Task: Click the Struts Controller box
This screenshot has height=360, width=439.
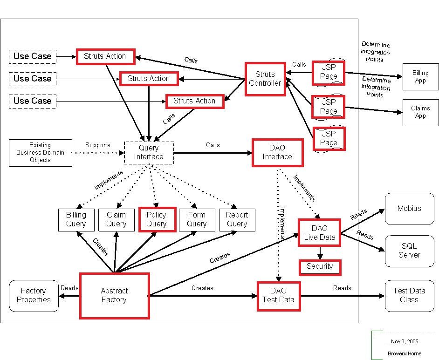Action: pos(265,79)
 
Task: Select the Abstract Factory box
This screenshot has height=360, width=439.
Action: pos(115,296)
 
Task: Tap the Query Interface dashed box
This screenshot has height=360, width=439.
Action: pos(149,153)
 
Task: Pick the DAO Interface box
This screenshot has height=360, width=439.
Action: pos(277,152)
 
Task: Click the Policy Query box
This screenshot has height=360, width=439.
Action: pos(158,219)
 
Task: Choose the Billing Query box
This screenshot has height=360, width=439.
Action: pos(76,220)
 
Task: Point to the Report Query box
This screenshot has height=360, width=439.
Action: pos(237,220)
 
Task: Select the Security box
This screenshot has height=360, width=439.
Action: pos(320,267)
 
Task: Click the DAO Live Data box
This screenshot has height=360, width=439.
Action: pos(319,233)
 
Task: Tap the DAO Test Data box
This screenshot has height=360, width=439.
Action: pos(279,296)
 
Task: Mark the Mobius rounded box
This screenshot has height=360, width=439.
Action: pos(410,209)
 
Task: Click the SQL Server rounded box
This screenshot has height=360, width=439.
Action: pos(410,251)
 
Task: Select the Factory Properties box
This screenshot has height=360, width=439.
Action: pos(34,296)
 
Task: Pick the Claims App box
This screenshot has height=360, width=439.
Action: pos(420,112)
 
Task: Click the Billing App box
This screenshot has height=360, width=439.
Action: pos(420,77)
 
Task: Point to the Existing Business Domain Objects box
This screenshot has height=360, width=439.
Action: pos(41,153)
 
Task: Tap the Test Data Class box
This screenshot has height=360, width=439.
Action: pos(410,296)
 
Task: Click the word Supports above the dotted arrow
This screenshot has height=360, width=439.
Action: pos(98,145)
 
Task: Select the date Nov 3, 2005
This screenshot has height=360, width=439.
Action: pos(405,341)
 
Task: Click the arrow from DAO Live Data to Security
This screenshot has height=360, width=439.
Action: pos(320,253)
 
